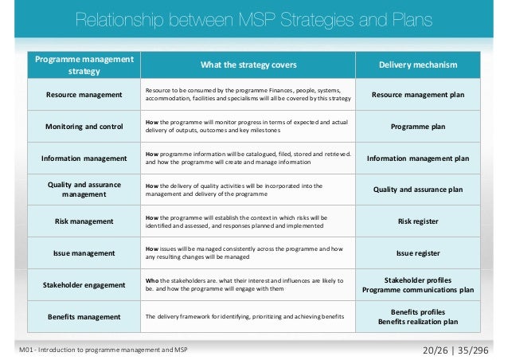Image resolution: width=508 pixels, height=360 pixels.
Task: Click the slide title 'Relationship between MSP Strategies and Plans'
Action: coord(253,21)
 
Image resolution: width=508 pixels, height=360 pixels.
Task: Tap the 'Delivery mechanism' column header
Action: coord(417,65)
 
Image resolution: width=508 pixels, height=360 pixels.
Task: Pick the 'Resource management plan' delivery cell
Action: coord(417,96)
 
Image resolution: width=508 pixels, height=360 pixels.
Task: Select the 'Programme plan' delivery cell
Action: coord(417,127)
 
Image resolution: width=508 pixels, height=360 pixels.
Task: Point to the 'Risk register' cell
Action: coord(417,221)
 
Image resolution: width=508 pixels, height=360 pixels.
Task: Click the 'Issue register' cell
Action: coord(417,253)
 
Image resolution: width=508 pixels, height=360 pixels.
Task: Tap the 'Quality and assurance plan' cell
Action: coord(417,190)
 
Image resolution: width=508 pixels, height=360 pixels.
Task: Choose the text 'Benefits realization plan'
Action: coord(417,322)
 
